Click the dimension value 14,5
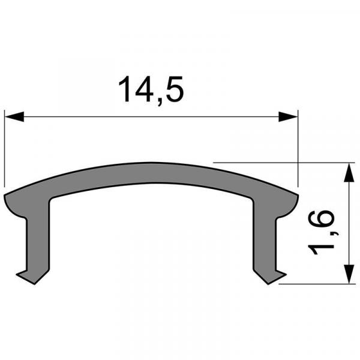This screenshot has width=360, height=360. (151, 89)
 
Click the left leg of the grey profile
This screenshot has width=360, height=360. (38, 240)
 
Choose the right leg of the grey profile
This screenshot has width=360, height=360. (263, 240)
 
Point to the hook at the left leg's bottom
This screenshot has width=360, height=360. (27, 275)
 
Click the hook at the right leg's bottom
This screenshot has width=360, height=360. (276, 275)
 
